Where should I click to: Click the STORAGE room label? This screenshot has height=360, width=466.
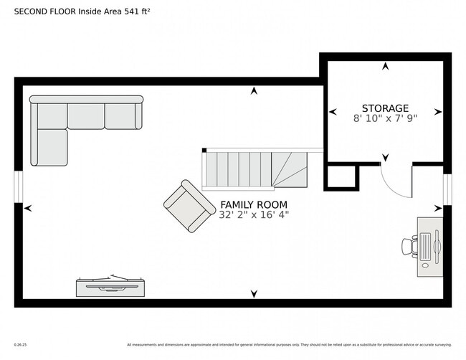point(385,108)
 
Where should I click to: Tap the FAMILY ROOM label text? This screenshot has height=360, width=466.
point(254,204)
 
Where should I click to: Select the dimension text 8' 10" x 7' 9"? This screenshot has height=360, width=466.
point(385,118)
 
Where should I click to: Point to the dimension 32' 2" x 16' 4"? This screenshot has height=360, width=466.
point(254,214)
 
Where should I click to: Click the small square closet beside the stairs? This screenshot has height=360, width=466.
point(341,176)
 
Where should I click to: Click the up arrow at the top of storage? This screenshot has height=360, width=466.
point(385,67)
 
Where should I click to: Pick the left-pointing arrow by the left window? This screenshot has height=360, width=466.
point(28,208)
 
